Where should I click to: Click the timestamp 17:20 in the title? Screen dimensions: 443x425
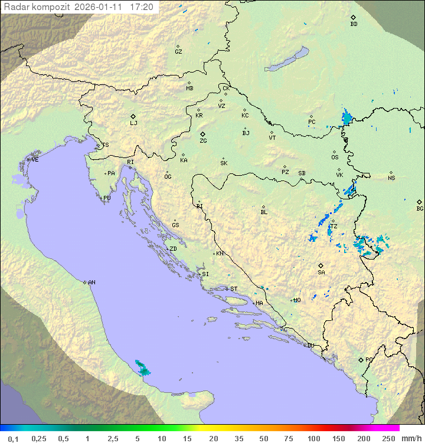[x=141, y=7]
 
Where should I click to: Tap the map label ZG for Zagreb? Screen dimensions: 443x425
[x=203, y=142]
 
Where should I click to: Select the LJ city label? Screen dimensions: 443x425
[x=133, y=123]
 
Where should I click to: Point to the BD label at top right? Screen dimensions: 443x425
[x=354, y=24]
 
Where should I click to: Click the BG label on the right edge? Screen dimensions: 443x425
[x=420, y=209]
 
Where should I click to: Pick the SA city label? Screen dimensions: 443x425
[x=321, y=273]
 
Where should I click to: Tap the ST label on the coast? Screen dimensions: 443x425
[x=234, y=289]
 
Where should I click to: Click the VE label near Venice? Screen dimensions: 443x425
[x=35, y=160]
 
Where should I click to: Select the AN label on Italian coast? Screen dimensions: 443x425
[x=91, y=283]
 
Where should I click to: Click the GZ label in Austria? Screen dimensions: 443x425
[x=178, y=52]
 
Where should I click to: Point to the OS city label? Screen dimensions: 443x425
[x=335, y=157]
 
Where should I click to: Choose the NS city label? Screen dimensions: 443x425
[x=391, y=178]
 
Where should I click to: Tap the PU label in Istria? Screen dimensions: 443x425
[x=107, y=198]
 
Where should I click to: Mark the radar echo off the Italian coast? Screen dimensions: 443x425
[x=142, y=369]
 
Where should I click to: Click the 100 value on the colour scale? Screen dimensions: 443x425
[x=314, y=438]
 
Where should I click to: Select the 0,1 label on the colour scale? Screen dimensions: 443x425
[x=13, y=438]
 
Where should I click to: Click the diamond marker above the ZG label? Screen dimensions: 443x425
[x=202, y=134]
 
